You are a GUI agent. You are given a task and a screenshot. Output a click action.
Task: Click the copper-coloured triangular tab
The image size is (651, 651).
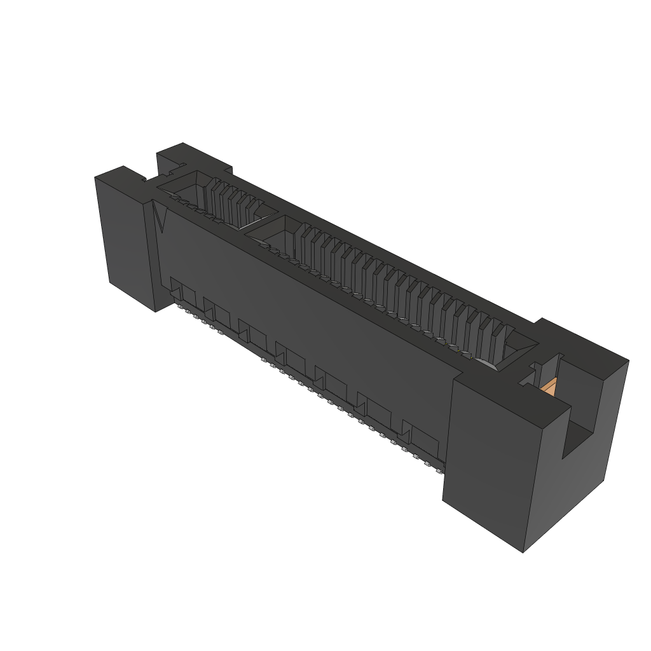(550, 386)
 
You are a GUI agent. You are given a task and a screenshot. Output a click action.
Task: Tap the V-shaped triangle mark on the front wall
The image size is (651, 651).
(160, 219)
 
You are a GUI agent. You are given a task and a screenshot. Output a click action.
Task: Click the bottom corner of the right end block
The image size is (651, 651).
(523, 551)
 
